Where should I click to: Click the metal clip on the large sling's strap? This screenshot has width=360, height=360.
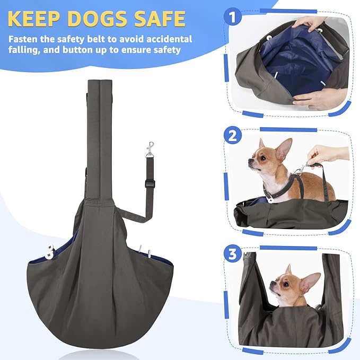[151, 150]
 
